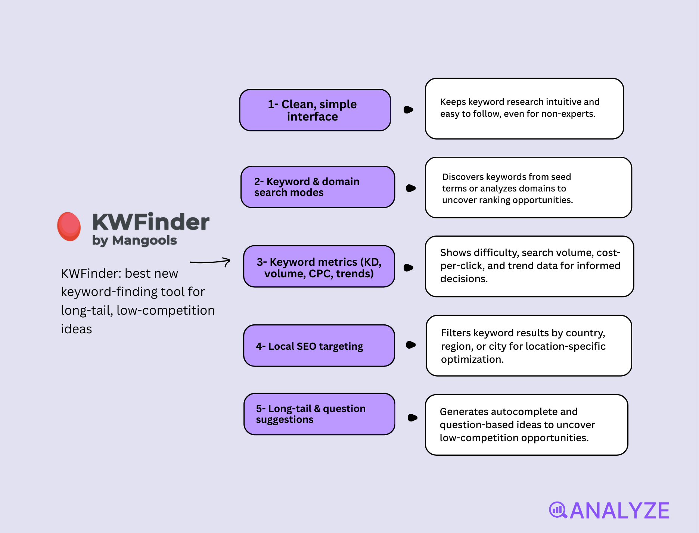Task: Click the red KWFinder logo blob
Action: [x=69, y=226]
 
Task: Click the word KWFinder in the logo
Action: [x=150, y=222]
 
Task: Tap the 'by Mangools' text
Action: [x=134, y=240]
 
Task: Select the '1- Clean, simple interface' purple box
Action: [x=315, y=110]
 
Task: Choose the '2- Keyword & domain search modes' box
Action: [x=317, y=187]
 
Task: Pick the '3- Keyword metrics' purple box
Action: [x=319, y=266]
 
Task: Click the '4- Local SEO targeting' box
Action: [x=319, y=346]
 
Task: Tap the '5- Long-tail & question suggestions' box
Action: [x=319, y=414]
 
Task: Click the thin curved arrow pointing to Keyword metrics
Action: [x=210, y=262]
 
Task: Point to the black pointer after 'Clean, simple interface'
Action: [x=408, y=110]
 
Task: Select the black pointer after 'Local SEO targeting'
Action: [x=411, y=345]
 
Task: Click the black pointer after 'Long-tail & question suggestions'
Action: [x=412, y=418]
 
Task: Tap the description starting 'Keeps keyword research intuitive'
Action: [x=524, y=109]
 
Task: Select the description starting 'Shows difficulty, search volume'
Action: [x=529, y=266]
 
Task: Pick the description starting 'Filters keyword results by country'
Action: [x=528, y=346]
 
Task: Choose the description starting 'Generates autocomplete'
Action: [x=526, y=425]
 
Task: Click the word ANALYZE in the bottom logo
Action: [x=620, y=511]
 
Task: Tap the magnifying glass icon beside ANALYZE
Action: [x=558, y=510]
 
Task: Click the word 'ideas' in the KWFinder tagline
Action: [x=77, y=329]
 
